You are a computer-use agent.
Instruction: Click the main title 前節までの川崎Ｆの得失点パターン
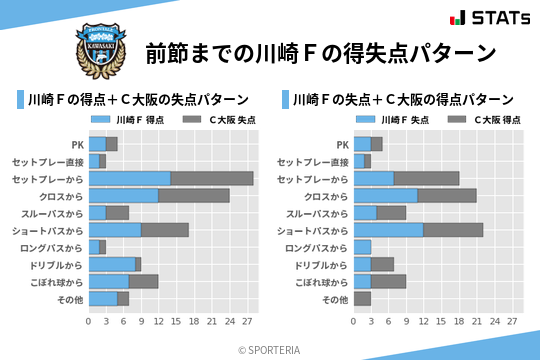click(x=320, y=52)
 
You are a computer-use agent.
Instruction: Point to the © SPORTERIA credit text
click(x=270, y=349)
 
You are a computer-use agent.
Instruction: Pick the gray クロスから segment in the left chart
click(x=194, y=196)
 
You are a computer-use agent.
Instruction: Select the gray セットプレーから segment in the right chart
click(x=426, y=178)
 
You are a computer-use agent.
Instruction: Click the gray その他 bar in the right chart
click(x=362, y=299)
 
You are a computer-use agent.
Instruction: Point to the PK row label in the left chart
click(x=77, y=144)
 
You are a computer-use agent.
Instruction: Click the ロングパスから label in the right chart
click(x=314, y=247)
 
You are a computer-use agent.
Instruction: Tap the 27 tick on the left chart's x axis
click(x=247, y=321)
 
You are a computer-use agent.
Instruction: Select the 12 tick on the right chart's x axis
click(x=423, y=321)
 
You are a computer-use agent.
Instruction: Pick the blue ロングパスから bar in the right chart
click(x=362, y=247)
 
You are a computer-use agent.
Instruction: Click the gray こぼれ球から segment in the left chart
click(x=144, y=282)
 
